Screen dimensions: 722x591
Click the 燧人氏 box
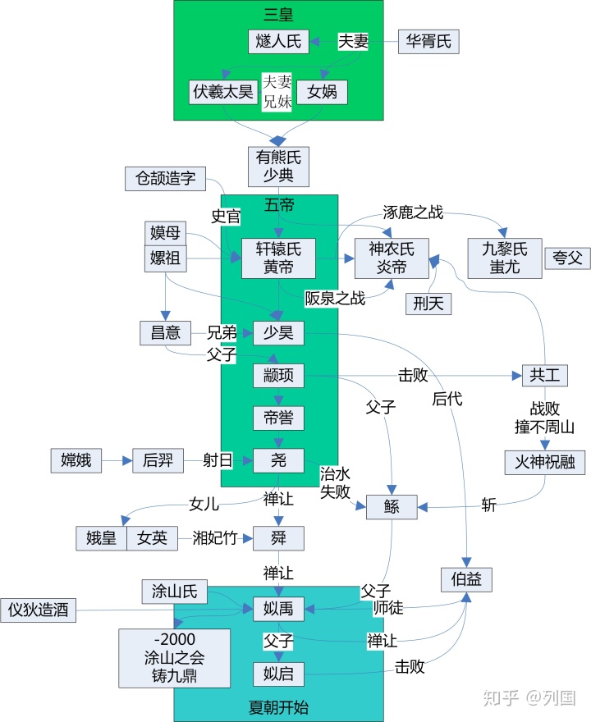pos(278,41)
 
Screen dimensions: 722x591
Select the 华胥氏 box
pos(428,42)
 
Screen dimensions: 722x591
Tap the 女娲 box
pos(322,92)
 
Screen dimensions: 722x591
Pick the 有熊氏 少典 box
pos(278,167)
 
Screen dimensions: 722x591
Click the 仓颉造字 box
pos(165,178)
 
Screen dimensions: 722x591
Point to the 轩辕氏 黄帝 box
pos(278,258)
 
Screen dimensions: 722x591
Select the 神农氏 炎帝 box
pos(391,258)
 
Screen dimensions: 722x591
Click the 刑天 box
pos(428,304)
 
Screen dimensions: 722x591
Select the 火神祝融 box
pos(544,462)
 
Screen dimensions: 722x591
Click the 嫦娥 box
pos(76,461)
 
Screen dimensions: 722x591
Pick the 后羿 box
pos(157,461)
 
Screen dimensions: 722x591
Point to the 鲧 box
pos(391,507)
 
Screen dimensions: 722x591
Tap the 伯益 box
pos(466,579)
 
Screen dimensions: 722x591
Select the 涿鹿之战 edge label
pos(413,213)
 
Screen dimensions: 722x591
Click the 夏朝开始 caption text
pos(278,706)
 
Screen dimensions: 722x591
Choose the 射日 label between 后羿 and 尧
pos(218,461)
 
